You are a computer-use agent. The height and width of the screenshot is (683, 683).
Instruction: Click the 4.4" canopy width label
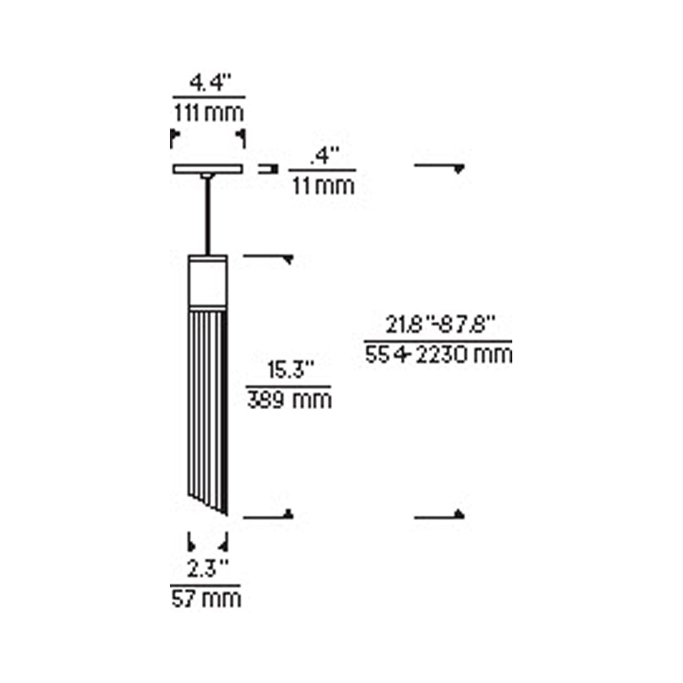tap(209, 84)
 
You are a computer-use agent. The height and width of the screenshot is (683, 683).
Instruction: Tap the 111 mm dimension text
tap(208, 113)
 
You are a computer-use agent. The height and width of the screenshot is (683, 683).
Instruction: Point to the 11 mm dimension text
tap(323, 186)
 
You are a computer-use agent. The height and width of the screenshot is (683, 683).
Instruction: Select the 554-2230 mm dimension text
tap(438, 354)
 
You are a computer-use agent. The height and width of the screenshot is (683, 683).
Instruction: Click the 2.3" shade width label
tap(207, 569)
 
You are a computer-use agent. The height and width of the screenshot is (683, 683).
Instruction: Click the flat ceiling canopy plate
tap(207, 169)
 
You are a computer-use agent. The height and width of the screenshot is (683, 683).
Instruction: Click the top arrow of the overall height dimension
tap(458, 168)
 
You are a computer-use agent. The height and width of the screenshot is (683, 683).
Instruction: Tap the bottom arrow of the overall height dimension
tap(458, 514)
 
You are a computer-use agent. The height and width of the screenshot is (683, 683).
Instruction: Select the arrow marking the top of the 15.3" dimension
tap(287, 259)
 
